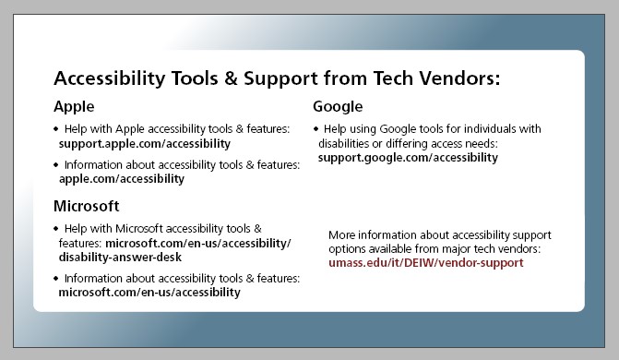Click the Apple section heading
(x=74, y=106)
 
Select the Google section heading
(x=338, y=106)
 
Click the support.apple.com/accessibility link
(x=144, y=144)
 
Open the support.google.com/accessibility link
(x=408, y=158)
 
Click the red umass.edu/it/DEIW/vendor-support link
(x=425, y=263)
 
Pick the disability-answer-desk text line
(x=120, y=257)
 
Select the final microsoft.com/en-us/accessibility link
(x=149, y=293)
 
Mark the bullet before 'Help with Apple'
(x=55, y=129)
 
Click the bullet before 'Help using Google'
(x=315, y=129)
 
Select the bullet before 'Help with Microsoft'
(x=55, y=228)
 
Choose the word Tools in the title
(x=193, y=78)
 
